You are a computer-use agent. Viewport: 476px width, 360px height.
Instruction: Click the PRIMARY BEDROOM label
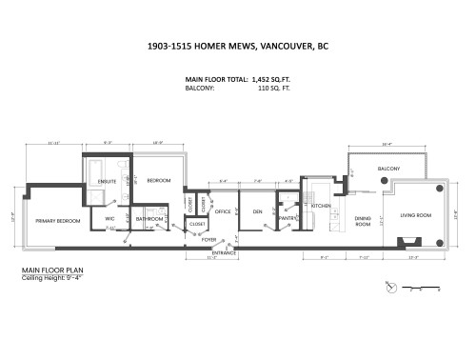(x=58, y=220)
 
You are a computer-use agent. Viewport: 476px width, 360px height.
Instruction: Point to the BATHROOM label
(x=149, y=219)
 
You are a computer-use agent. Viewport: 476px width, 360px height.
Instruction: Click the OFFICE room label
(x=223, y=211)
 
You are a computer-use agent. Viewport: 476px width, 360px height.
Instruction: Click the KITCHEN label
(x=320, y=206)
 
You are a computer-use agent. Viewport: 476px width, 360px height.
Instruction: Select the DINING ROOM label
(x=363, y=221)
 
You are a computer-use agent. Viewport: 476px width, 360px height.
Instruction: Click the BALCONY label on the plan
(x=388, y=169)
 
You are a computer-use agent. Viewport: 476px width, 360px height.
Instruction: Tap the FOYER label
(x=208, y=240)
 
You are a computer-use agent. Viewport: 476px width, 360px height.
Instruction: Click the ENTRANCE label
(x=225, y=252)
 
